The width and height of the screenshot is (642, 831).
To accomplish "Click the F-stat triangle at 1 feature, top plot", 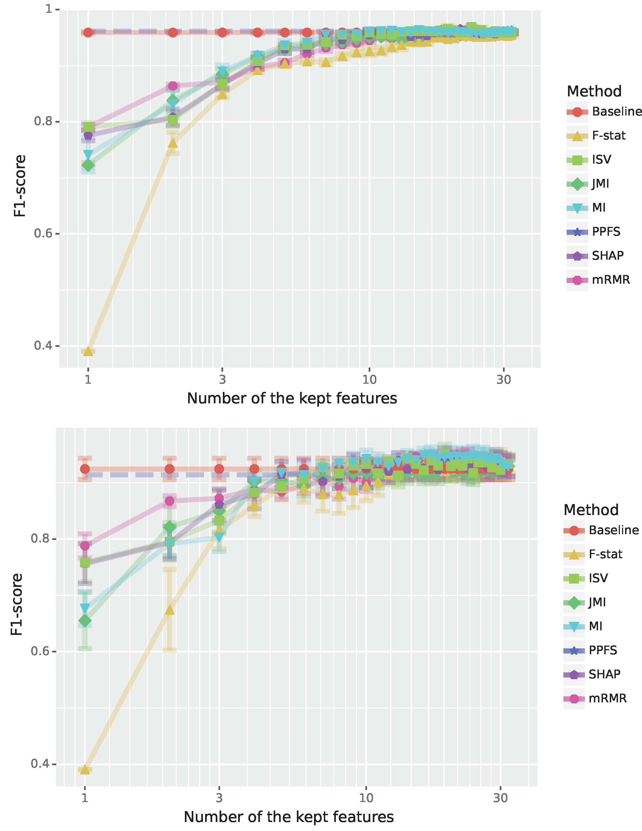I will pos(88,351).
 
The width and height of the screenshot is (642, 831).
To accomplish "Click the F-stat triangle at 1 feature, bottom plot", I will pos(85,769).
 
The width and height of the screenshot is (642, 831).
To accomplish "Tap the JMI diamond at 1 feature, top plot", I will pos(88,165).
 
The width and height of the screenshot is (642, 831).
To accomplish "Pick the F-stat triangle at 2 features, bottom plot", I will pos(170,610).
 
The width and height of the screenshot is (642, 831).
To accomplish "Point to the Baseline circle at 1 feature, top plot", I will pos(88,32).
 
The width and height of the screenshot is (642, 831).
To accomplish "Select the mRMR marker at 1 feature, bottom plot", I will pos(85,546).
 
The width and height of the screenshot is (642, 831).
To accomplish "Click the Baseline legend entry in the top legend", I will pos(603,112).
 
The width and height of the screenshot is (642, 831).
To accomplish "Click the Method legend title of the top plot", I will pos(594,91).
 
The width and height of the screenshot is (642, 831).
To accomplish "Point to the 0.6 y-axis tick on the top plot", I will pos(43,233).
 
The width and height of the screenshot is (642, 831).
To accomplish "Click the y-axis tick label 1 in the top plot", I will pos(49,9).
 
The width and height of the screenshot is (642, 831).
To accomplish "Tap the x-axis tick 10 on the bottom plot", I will pos(366,797).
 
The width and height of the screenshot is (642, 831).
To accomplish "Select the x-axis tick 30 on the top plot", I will pos(504,379).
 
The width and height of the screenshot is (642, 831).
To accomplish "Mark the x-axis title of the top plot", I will pos(292,398).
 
